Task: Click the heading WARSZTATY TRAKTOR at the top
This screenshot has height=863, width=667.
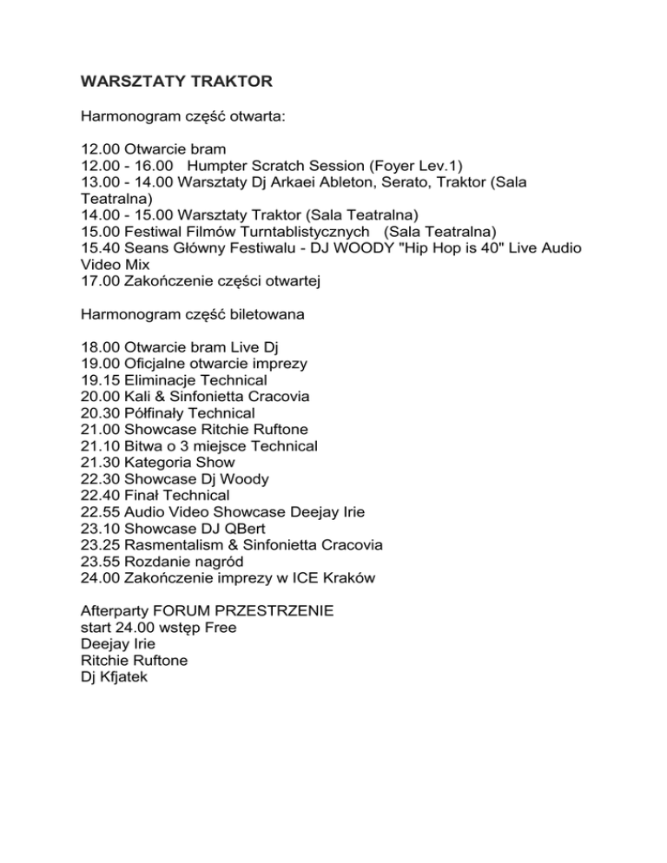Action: (x=176, y=82)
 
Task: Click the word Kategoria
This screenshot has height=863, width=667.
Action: (x=161, y=462)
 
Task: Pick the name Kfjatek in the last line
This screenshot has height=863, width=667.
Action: (x=125, y=676)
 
